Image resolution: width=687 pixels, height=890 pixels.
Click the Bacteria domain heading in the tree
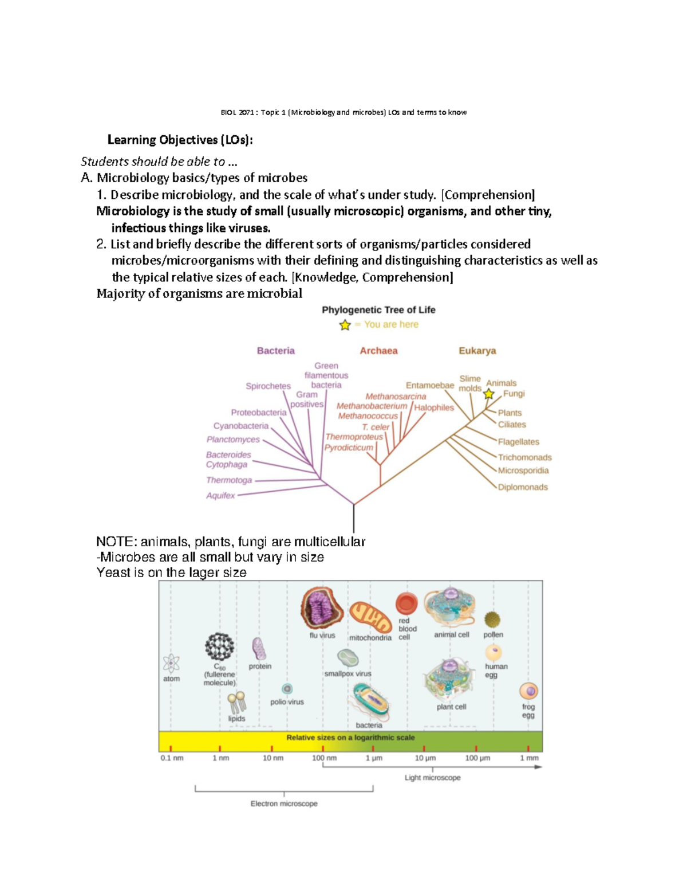275,351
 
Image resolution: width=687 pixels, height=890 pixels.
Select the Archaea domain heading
378,351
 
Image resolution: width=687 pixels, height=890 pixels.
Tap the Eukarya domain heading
477,351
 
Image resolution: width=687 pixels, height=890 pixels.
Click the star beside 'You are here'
345,325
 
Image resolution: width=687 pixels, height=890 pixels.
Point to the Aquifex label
220,496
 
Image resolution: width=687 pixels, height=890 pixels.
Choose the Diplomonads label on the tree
523,487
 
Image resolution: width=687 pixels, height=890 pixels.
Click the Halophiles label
434,407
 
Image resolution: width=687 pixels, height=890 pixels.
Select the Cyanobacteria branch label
240,426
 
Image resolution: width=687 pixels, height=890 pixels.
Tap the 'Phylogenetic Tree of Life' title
378,310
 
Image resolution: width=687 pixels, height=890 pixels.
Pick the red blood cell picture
406,603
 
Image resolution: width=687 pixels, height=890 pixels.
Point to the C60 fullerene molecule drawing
219,647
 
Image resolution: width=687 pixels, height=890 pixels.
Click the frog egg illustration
528,691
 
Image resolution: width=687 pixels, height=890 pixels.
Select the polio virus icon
287,689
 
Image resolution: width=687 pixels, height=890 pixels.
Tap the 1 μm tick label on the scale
374,758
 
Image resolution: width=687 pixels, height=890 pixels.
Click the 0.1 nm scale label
172,758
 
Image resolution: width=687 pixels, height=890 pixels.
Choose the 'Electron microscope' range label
284,803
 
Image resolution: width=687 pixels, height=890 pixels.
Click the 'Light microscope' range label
432,778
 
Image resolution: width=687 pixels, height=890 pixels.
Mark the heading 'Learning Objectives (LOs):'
180,140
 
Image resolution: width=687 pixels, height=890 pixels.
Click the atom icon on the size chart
171,664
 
